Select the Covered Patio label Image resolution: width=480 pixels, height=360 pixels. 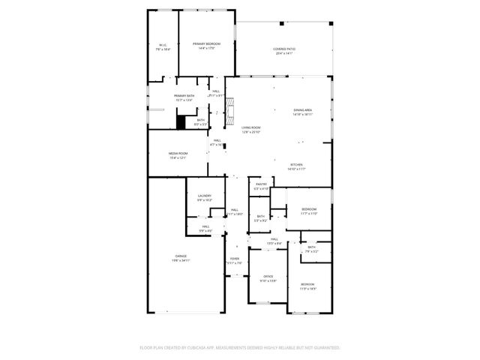(283, 49)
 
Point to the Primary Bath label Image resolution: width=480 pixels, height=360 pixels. (184, 96)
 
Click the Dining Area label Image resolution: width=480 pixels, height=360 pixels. (303, 110)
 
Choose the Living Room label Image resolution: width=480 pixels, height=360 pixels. (250, 127)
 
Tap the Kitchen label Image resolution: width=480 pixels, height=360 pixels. (298, 165)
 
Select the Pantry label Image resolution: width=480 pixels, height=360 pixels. (261, 184)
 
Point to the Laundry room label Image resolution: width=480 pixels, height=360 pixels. (204, 196)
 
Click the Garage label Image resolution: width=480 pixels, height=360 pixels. (181, 256)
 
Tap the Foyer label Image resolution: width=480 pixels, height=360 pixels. (234, 259)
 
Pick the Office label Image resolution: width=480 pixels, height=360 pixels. (268, 277)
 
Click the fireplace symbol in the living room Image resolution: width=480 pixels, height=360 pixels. (230, 113)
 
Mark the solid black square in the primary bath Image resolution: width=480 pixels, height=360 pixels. (181, 121)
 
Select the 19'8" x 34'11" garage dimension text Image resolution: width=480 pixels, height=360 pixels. (181, 260)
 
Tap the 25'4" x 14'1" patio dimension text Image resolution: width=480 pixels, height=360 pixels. (283, 54)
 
